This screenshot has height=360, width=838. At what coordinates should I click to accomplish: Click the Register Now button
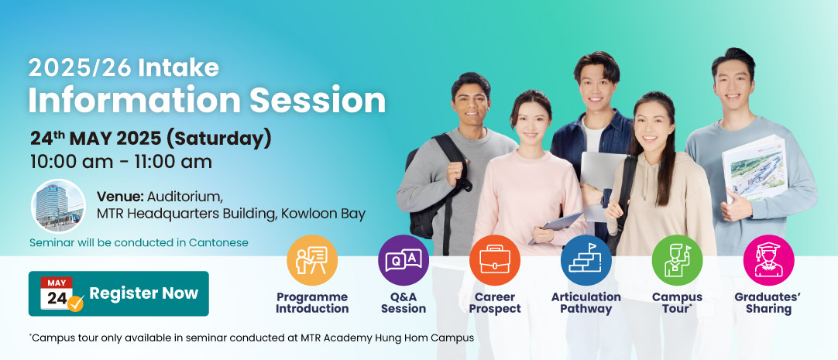[x=118, y=293]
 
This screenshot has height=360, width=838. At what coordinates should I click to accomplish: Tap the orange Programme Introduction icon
[x=312, y=260]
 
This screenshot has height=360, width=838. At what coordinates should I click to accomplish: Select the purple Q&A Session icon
[x=404, y=260]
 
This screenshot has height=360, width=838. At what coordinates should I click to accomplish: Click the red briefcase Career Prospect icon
[x=494, y=260]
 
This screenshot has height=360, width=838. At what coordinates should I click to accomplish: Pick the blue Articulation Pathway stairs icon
[x=586, y=260]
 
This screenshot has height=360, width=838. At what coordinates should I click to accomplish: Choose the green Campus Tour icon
[x=677, y=260]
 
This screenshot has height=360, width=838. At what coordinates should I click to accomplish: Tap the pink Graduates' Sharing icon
[x=768, y=260]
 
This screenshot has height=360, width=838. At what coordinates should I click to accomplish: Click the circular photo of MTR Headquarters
[x=58, y=206]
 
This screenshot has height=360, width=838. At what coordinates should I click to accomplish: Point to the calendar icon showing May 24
[x=61, y=293]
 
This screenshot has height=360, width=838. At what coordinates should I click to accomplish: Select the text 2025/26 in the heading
[x=81, y=68]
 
